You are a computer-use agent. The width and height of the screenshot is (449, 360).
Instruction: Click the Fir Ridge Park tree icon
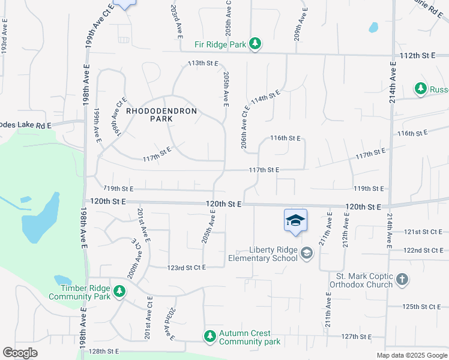[256, 43]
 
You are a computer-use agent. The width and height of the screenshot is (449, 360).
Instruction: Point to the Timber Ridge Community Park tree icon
[120, 291]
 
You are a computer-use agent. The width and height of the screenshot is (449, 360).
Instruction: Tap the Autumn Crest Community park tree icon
[210, 335]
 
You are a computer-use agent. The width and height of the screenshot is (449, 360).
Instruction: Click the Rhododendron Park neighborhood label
[149, 115]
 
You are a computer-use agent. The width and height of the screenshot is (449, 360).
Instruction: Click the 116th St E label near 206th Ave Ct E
[285, 138]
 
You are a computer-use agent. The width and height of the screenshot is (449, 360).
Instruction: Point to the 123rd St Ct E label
[187, 267]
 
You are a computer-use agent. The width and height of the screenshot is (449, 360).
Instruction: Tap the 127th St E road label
[356, 337]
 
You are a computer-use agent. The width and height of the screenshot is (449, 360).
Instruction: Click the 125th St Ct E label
[422, 307]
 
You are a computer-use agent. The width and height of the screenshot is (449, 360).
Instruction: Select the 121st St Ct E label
[423, 232]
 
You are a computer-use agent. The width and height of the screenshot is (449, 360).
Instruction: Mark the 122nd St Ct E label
[423, 250]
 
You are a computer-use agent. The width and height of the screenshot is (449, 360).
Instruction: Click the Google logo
[20, 353]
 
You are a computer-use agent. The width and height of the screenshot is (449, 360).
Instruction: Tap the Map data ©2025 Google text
[411, 355]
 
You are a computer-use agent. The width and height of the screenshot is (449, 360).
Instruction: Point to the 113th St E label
[203, 63]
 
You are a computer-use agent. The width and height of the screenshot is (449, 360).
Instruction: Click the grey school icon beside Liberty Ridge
[307, 253]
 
